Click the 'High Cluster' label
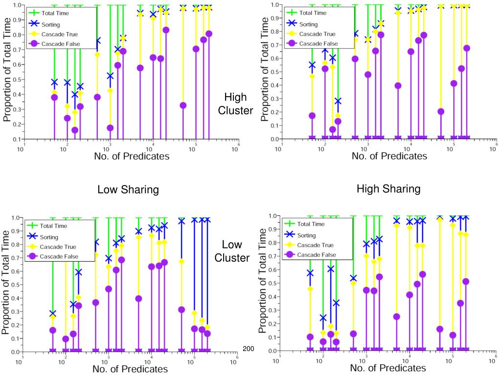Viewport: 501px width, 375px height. (x=235, y=104)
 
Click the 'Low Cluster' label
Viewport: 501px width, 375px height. (x=232, y=251)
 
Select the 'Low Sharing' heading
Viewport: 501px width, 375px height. (x=128, y=189)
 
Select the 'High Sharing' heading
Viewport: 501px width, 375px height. (x=388, y=188)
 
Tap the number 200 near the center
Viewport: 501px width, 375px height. (x=249, y=349)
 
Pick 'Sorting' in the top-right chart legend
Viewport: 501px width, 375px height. (x=308, y=23)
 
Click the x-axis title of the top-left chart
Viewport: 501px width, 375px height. (x=132, y=156)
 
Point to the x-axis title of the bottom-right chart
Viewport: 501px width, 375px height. (x=388, y=368)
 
